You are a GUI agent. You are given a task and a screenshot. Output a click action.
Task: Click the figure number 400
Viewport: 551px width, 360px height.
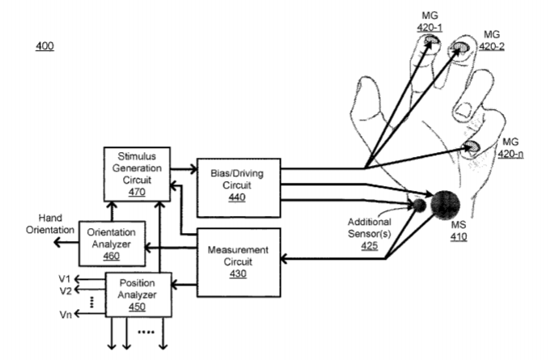[x=45, y=47]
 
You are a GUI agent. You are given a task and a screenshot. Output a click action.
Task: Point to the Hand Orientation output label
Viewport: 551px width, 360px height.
[x=53, y=224]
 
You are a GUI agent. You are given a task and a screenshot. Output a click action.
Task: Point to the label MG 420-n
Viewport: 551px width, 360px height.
[x=511, y=148]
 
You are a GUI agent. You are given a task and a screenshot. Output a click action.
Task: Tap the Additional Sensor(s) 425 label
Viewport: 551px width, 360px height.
[x=370, y=231]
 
